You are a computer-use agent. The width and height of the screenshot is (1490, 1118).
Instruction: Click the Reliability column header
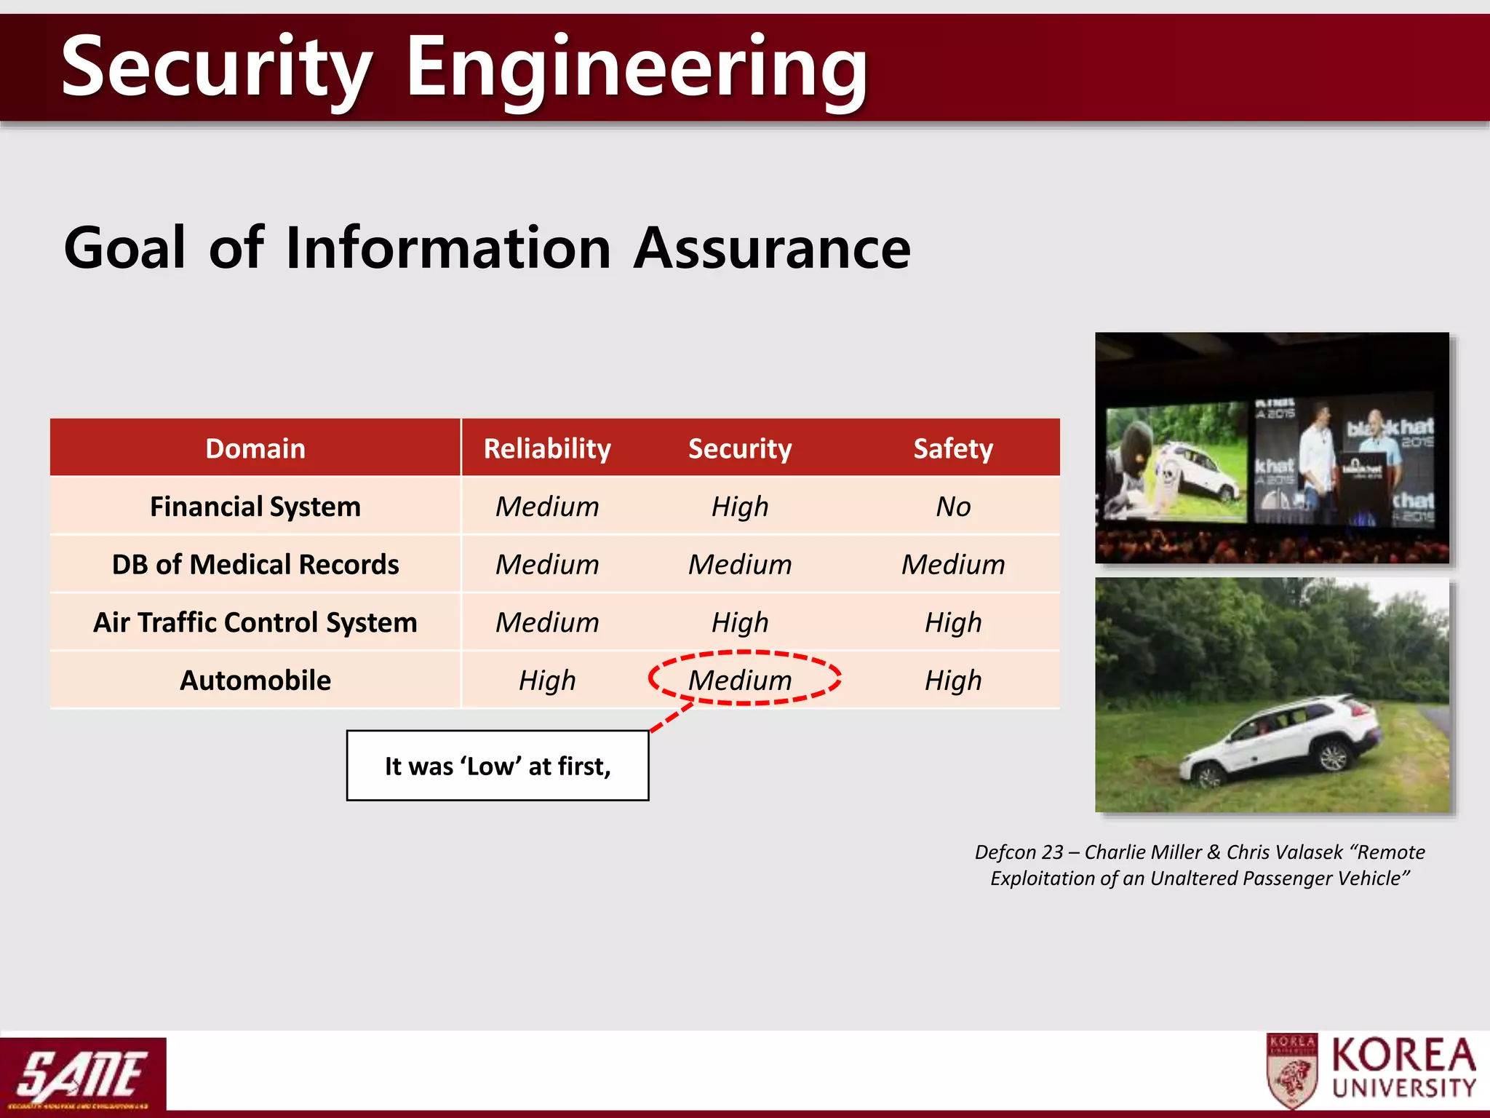click(x=547, y=448)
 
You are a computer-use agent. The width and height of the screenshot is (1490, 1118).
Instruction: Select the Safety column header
click(x=953, y=448)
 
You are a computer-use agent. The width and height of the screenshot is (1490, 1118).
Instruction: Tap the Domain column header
click(x=255, y=448)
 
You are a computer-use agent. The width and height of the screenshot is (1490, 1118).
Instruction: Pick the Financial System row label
click(x=255, y=507)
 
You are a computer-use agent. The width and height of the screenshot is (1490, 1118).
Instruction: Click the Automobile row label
click(x=255, y=681)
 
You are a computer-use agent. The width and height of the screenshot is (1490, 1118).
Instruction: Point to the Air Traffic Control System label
click(x=255, y=622)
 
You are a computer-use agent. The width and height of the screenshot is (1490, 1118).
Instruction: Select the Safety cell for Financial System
click(x=953, y=507)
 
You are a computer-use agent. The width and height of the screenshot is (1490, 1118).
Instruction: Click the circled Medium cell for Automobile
click(x=741, y=681)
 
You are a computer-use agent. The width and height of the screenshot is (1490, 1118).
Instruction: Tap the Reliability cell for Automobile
click(x=547, y=681)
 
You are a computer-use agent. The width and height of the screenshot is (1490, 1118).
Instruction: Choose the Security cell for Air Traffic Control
click(x=741, y=622)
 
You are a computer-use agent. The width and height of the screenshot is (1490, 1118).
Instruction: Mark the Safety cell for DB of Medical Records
click(x=953, y=565)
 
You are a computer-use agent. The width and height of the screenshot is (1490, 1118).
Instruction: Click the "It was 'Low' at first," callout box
click(x=498, y=766)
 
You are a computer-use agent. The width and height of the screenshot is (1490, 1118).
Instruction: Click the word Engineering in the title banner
click(x=637, y=69)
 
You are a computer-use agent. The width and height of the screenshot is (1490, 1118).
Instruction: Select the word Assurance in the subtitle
click(x=773, y=249)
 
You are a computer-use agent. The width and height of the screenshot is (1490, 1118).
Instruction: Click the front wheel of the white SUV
click(x=1208, y=777)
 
